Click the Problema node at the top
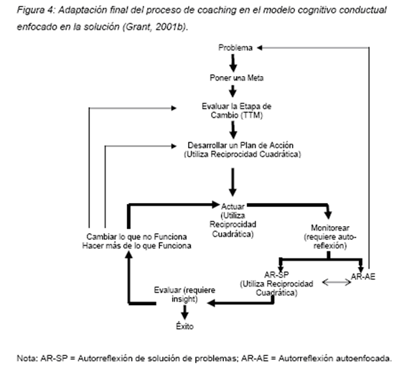[x=235, y=47]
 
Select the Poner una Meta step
[x=236, y=78]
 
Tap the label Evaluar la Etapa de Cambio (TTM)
[x=237, y=111]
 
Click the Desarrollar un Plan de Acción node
[x=243, y=149]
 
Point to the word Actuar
[x=233, y=206]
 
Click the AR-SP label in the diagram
[x=276, y=275]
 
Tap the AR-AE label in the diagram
[x=363, y=276]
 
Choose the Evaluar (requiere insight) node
[x=184, y=294]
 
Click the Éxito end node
[x=184, y=326]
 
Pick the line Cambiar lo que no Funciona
[x=136, y=237]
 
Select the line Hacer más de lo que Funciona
[x=136, y=246]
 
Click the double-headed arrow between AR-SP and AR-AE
[x=337, y=282]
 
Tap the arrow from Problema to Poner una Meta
[x=233, y=63]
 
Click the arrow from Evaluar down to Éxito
[x=184, y=312]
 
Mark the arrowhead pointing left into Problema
[x=259, y=47]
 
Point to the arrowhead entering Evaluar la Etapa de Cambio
[x=174, y=108]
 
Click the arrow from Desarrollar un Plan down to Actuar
[x=233, y=182]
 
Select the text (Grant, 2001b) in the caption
[x=155, y=27]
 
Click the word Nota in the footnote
[x=27, y=358]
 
